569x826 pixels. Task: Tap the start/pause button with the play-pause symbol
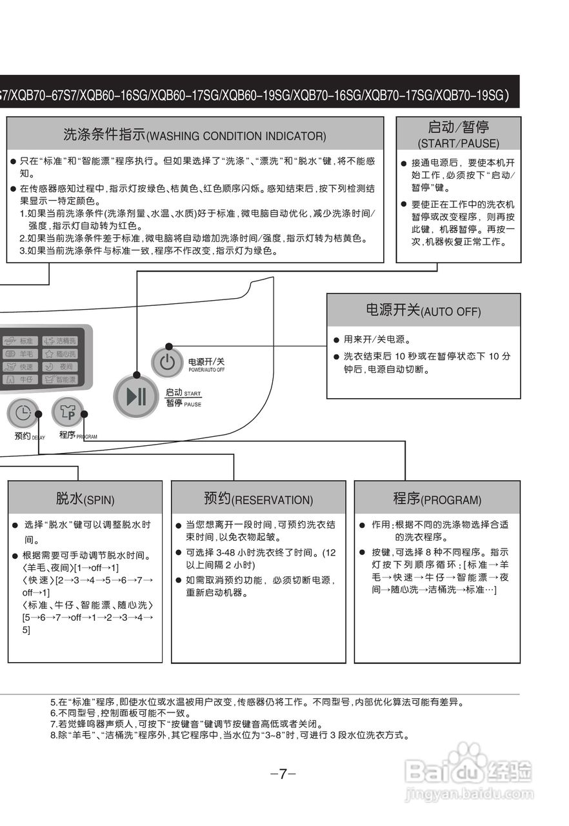136,396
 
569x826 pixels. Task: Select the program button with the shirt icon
67,411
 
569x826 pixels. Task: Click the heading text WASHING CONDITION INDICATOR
236,136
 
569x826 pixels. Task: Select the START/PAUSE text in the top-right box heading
458,143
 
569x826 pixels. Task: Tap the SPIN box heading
85,499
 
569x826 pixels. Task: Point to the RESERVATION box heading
258,499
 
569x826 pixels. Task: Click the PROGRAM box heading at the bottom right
437,499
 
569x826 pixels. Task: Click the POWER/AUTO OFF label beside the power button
206,370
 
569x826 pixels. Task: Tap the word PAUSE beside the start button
192,405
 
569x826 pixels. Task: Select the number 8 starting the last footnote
53,735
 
